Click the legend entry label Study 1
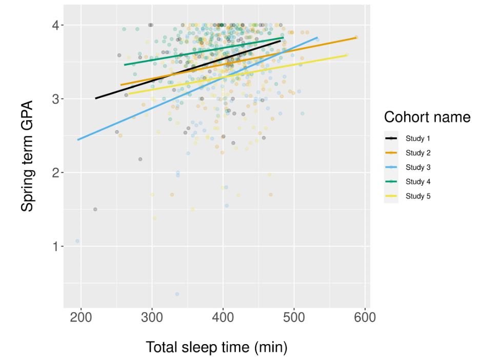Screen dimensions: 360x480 418,138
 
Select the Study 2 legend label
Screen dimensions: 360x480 418,153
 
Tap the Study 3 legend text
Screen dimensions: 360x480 418,167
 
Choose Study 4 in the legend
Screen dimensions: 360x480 418,182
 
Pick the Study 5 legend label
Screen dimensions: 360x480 418,196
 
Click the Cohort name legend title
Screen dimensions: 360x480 427,117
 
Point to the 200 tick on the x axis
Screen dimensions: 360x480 81,317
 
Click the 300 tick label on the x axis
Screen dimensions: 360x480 152,317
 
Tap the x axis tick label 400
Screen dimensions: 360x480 223,317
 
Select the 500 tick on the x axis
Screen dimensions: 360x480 294,317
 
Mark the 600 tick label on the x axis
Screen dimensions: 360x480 365,317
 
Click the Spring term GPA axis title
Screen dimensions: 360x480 27,156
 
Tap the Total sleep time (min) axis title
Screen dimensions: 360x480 216,347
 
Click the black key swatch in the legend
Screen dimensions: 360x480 391,138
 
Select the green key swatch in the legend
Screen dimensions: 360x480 391,182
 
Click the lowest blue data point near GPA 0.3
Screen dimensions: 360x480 177,294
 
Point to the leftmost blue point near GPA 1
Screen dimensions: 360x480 77,241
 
